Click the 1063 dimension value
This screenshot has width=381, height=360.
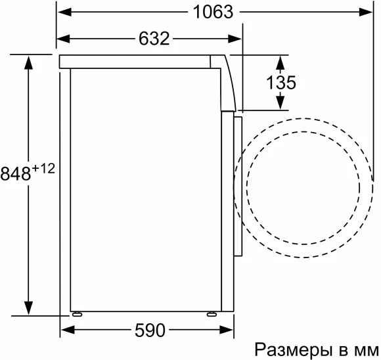click(x=214, y=12)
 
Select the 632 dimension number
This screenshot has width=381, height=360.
click(x=154, y=39)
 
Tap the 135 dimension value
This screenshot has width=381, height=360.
click(x=280, y=83)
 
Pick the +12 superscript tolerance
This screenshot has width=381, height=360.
click(x=42, y=169)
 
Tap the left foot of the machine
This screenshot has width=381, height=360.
click(x=78, y=313)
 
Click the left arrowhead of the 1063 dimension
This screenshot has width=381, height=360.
click(x=64, y=12)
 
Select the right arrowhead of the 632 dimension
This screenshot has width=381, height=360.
click(x=236, y=39)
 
